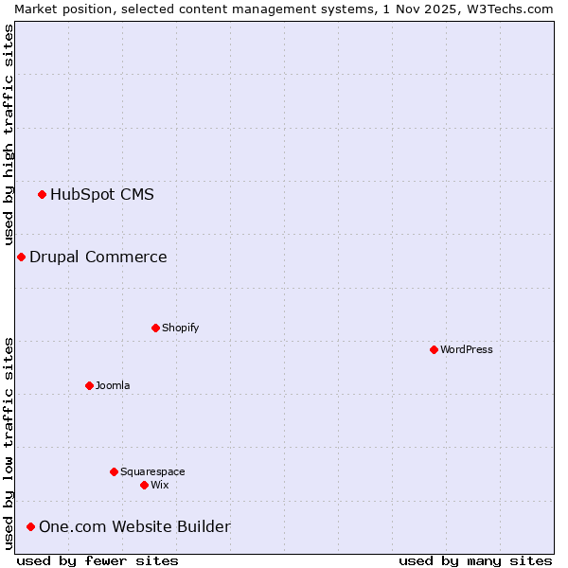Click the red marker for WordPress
pos(434,349)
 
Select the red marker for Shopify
pos(155,328)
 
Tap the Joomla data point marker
pos(89,385)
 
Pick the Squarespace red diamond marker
pos(114,471)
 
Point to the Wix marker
pos(144,485)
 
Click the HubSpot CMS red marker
pos(42,195)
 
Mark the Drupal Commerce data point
pos(21,257)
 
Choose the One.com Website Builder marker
pos(30,526)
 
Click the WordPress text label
pos(466,349)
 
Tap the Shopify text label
pos(180,328)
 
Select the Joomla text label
pos(113,385)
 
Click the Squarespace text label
pos(152,471)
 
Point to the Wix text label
pos(159,485)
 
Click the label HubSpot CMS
pos(101,195)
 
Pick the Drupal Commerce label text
pos(98,257)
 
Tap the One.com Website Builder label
pos(134,526)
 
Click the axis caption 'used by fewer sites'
pos(98,560)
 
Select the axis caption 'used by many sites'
pos(475,560)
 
